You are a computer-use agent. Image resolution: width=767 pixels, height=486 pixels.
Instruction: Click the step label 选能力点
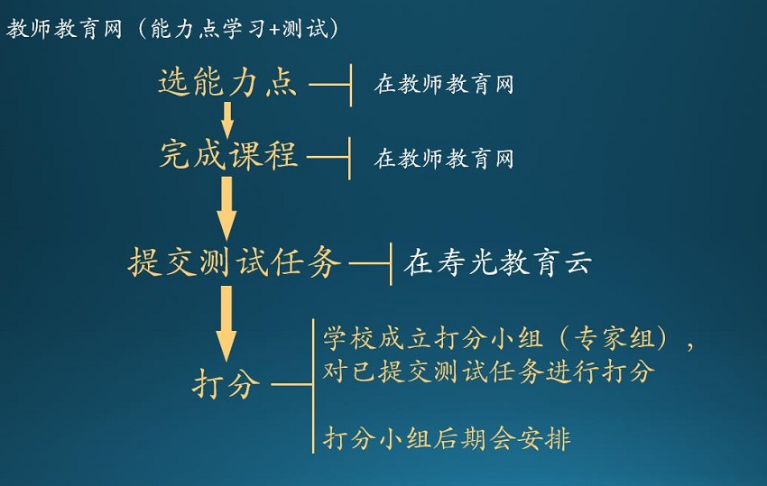(227, 82)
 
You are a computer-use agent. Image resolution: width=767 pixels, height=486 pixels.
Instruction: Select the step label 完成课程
(228, 155)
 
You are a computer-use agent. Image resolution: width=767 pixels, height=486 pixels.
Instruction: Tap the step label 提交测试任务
(234, 262)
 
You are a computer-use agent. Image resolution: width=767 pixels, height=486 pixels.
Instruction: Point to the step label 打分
(226, 384)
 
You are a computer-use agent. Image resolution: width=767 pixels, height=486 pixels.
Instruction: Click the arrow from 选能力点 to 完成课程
(226, 120)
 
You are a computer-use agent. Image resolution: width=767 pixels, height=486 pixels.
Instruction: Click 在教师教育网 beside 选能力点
(444, 84)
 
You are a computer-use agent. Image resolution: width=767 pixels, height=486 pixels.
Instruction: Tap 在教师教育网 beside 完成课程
(444, 159)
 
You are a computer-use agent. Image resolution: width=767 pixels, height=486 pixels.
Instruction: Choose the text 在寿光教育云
(497, 262)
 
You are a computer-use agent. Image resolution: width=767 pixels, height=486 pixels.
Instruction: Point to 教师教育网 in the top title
(63, 29)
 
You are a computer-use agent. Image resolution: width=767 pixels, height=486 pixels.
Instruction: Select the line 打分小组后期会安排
(446, 438)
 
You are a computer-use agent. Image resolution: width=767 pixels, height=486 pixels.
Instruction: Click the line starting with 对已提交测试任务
(488, 371)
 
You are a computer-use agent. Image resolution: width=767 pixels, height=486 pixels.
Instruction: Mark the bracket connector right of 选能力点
(330, 85)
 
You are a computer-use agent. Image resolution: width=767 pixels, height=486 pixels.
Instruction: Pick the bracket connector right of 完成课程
(328, 158)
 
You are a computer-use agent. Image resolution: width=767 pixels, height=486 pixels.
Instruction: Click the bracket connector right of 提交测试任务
(371, 264)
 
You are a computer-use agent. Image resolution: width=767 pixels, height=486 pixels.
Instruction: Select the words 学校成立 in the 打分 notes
(377, 338)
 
